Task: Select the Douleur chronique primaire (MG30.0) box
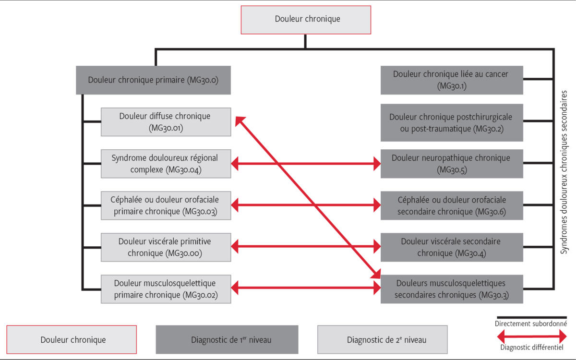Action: click(x=154, y=80)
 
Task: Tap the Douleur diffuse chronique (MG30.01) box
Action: click(x=165, y=122)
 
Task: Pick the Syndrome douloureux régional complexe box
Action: click(x=165, y=164)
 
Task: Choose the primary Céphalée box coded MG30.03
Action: click(x=165, y=205)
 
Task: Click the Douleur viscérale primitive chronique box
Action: click(x=165, y=247)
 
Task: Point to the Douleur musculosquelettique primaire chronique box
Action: click(x=165, y=289)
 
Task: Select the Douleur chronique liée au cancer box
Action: click(x=451, y=80)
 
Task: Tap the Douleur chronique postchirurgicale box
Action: click(x=451, y=122)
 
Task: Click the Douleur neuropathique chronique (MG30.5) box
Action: click(x=451, y=164)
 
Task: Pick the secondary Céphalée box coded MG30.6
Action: click(x=451, y=205)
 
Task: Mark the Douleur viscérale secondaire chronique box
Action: click(x=451, y=247)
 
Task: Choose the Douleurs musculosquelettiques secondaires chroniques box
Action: click(x=451, y=289)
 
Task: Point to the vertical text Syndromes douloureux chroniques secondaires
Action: click(x=564, y=173)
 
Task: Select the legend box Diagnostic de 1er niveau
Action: click(x=227, y=339)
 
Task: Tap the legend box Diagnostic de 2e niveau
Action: click(x=382, y=339)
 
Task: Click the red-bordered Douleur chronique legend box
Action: click(x=72, y=339)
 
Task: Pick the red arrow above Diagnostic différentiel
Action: click(x=530, y=335)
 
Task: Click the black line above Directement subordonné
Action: click(x=530, y=317)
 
